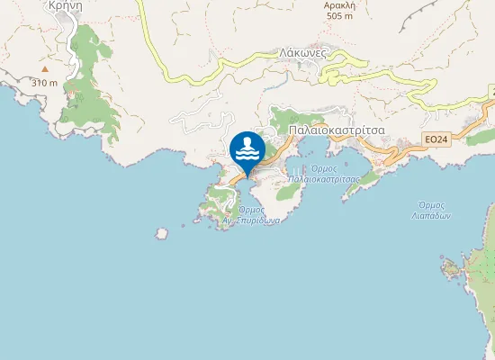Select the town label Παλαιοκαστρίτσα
[x=337, y=130]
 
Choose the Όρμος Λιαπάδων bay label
[x=435, y=211]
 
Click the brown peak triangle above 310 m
[x=42, y=68]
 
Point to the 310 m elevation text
[x=44, y=83]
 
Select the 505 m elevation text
[x=340, y=16]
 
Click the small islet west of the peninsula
[x=161, y=233]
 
